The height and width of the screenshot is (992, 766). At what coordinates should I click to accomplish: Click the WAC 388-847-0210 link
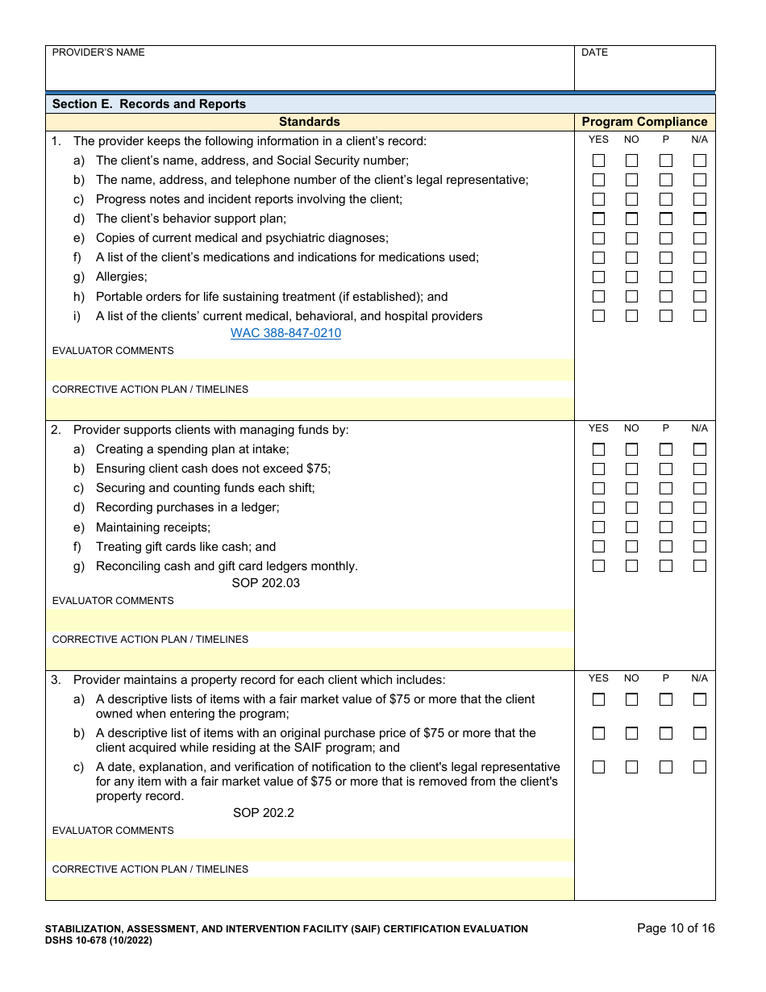(285, 333)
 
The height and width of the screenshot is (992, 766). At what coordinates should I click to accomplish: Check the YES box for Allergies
(598, 277)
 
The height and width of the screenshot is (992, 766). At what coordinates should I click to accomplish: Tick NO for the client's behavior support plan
(631, 219)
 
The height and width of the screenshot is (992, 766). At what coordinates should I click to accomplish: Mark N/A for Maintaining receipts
(699, 527)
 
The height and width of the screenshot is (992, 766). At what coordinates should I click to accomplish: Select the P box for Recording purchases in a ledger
(665, 507)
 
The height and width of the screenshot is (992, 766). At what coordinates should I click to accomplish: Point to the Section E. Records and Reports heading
(149, 104)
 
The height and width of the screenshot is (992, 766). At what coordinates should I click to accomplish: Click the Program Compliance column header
(644, 122)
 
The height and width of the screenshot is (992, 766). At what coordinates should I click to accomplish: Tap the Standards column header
(310, 122)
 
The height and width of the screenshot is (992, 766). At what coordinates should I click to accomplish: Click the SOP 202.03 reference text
(265, 582)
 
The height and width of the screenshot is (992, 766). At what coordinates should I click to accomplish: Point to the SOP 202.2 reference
(264, 812)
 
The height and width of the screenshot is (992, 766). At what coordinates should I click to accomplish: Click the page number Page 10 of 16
(676, 928)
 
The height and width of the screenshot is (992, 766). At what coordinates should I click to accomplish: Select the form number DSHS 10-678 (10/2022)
(98, 940)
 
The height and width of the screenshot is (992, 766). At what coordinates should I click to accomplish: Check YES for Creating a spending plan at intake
(598, 449)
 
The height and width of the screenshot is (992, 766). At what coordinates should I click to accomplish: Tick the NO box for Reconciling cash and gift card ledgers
(631, 565)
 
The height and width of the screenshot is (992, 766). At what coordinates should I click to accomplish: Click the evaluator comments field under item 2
(310, 620)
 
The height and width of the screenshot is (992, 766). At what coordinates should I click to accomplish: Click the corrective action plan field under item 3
(310, 889)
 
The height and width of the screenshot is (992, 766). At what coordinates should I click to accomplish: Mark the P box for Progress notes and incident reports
(665, 199)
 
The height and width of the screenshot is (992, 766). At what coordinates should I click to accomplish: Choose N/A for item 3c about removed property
(699, 767)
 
